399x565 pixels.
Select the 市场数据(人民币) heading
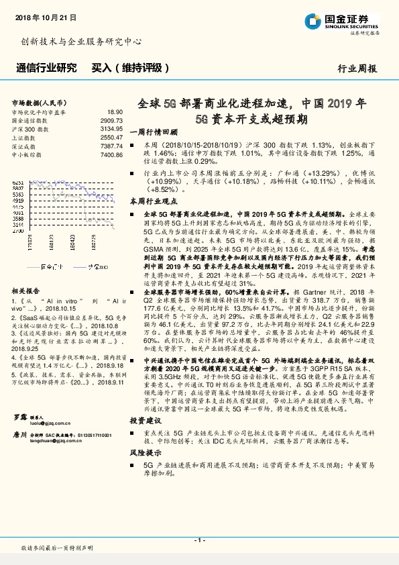40,103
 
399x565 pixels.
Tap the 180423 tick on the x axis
74,243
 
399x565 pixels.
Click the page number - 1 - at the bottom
199,540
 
